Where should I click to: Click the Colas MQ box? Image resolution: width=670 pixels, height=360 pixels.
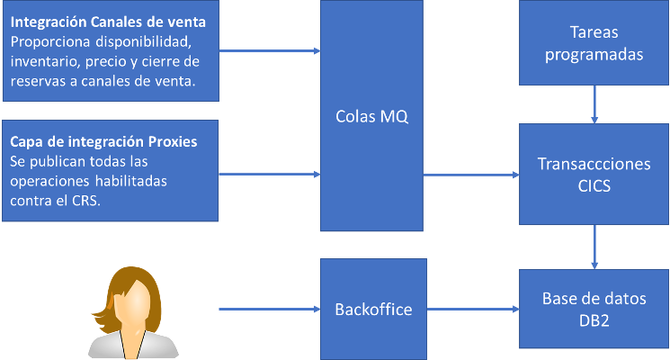point(372,115)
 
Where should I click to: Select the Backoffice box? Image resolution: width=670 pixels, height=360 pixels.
point(372,309)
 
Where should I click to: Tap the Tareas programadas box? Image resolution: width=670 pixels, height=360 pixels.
point(594,43)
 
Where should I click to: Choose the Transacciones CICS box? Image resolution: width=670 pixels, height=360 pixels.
point(594,174)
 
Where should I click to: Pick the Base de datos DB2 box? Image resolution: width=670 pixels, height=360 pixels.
point(594,309)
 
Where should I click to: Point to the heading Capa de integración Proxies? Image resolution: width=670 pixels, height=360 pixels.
point(103,142)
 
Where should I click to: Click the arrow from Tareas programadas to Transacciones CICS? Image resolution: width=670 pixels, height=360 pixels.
point(594,106)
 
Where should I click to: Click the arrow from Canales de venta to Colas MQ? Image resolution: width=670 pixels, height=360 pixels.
point(270,50)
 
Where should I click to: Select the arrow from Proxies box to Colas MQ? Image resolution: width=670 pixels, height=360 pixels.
point(270,172)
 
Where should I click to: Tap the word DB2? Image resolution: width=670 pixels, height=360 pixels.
point(594,319)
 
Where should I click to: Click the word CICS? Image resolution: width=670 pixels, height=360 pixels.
point(594,184)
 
